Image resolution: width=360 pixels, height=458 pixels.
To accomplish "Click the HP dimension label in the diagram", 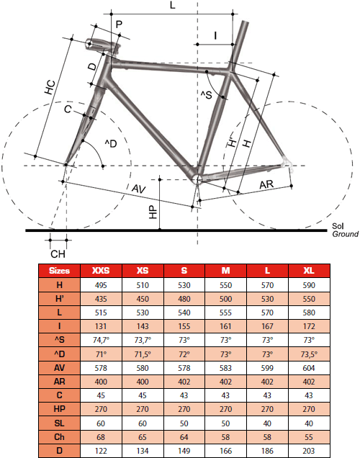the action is pos(153,212).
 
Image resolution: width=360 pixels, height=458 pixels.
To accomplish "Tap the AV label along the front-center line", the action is pos(139,189).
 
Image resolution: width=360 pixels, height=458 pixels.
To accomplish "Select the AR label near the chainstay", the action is pos(266,184).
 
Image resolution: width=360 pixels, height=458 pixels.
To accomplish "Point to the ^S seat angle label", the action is pos(206,94).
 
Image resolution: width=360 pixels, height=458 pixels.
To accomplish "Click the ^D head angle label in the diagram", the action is pos(111,143).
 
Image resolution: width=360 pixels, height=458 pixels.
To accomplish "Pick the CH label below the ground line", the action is pos(58,254).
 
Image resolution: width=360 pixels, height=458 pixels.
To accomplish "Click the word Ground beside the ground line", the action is pos(346,234).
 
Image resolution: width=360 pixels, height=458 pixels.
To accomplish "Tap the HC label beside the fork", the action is pos(50,87).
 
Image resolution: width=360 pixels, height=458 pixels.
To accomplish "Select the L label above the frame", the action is pos(173,5).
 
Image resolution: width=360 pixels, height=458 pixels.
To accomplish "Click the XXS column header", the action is pos(101,271).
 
